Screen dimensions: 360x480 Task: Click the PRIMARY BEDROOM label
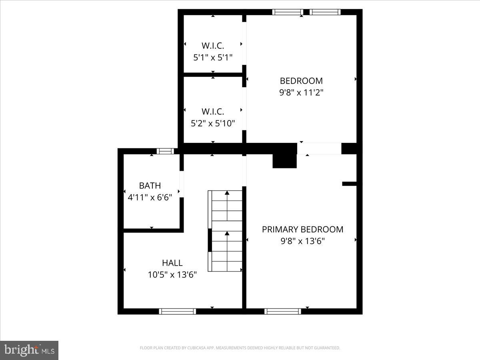click(302, 229)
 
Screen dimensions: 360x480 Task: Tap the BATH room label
click(150, 186)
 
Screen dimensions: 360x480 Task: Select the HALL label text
click(172, 263)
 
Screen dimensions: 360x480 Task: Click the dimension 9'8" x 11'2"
click(301, 92)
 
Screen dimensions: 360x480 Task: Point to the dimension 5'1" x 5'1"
click(213, 58)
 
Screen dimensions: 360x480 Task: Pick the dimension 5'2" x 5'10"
click(213, 123)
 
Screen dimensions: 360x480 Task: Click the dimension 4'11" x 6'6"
click(150, 198)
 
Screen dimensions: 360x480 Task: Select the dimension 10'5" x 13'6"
click(172, 275)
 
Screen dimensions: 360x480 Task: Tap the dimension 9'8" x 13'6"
click(302, 241)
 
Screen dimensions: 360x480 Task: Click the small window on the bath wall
click(165, 151)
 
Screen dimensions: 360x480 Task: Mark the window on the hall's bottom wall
click(177, 311)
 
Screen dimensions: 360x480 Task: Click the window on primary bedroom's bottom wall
click(283, 311)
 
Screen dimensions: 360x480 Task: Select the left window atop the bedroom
click(288, 12)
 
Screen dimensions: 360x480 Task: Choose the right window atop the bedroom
click(325, 12)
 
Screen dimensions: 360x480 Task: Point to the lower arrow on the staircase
click(227, 234)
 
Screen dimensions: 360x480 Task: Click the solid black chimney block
click(284, 161)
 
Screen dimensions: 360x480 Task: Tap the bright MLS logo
click(29, 350)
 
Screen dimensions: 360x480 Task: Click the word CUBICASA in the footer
click(195, 348)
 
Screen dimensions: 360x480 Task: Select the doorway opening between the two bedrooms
click(319, 148)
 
